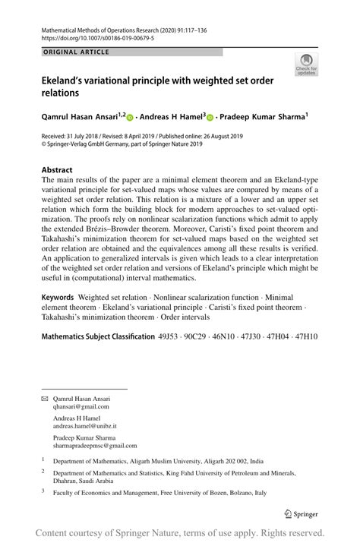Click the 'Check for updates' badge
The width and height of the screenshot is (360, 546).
point(307,65)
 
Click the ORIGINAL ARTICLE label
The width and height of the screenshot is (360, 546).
point(76,52)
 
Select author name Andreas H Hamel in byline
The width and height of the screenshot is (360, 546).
point(169,117)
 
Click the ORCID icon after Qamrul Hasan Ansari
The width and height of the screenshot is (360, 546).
point(129,118)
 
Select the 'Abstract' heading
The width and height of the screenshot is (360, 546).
point(57,171)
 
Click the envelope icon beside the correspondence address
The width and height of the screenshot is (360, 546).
point(44,398)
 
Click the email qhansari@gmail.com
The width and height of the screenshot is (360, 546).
point(81,406)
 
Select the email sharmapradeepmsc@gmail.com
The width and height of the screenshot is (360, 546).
point(95,446)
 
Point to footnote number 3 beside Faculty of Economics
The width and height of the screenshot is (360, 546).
point(43,492)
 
